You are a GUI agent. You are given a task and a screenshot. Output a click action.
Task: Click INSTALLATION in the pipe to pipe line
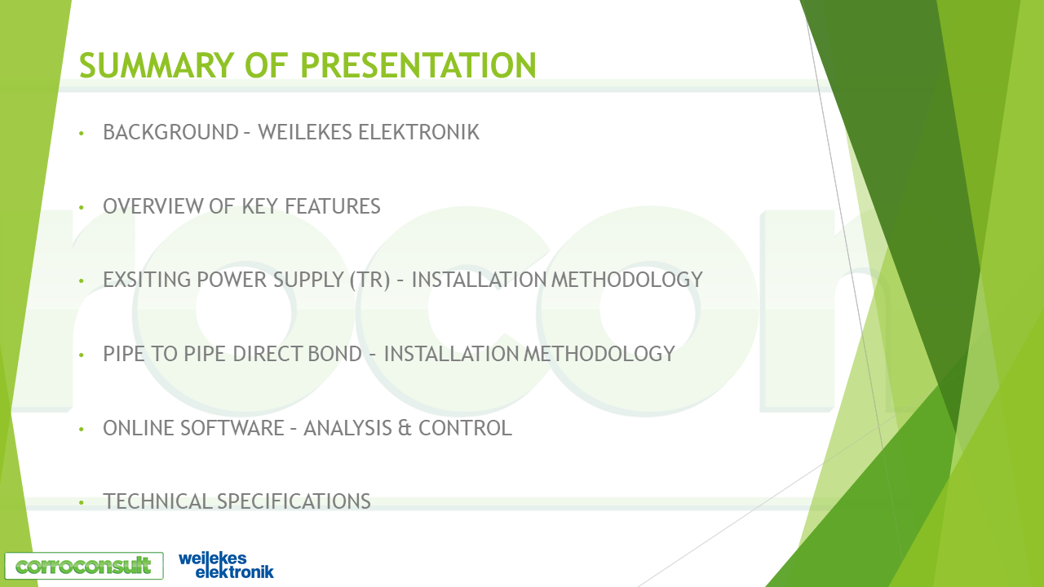point(451,354)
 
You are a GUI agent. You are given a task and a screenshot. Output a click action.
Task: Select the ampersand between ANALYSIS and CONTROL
point(405,428)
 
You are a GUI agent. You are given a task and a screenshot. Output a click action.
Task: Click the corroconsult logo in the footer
point(83,566)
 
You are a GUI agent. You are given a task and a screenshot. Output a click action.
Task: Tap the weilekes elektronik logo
point(226,565)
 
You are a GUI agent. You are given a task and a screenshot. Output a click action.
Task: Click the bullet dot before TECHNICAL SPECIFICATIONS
point(82,502)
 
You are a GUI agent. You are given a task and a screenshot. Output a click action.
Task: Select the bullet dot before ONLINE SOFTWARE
point(82,429)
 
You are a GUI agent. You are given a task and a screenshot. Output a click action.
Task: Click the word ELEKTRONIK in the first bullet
point(418,132)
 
